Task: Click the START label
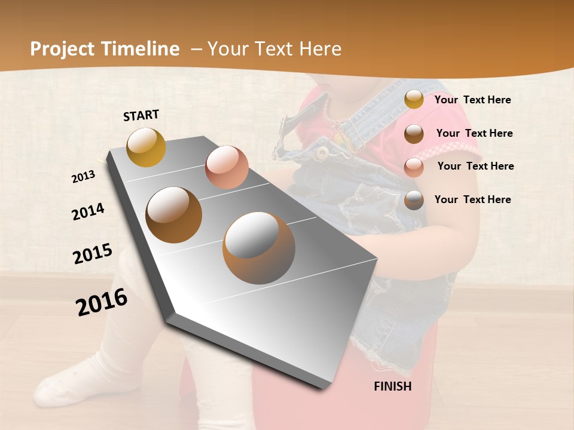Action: (x=141, y=115)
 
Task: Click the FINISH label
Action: (x=393, y=386)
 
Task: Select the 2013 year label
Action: (x=84, y=176)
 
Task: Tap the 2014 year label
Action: (x=88, y=212)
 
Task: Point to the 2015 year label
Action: (x=93, y=254)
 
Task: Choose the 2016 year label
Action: (x=102, y=302)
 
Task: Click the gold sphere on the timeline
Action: (x=146, y=147)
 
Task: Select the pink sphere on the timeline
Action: (x=227, y=167)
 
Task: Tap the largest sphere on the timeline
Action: (x=259, y=247)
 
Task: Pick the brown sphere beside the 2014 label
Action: (x=174, y=215)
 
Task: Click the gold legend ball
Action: (x=414, y=99)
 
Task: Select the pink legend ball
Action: (x=414, y=167)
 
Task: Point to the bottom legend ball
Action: (x=414, y=200)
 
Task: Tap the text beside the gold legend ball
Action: (x=472, y=100)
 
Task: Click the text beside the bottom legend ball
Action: (x=472, y=199)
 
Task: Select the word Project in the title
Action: (x=62, y=49)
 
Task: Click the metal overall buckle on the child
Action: (x=322, y=153)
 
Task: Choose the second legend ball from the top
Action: (x=414, y=134)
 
